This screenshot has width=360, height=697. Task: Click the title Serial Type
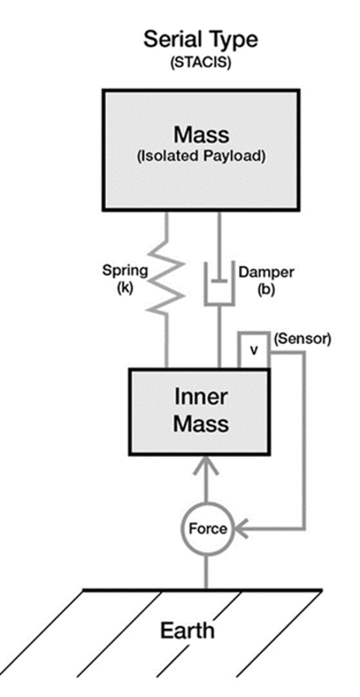tap(201, 40)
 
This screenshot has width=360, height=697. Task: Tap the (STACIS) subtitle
tap(201, 63)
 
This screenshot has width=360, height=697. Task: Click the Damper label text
tap(265, 272)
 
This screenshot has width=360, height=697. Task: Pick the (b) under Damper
tap(265, 289)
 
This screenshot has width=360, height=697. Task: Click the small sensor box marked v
tap(253, 350)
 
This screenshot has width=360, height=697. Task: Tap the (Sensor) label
tap(302, 340)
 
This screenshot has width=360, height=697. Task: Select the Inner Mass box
tap(199, 412)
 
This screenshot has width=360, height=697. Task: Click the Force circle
tap(207, 529)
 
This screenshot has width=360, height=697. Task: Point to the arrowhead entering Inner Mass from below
tap(207, 466)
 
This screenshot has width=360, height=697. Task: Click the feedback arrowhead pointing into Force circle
tap(244, 529)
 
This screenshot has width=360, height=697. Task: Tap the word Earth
tap(187, 630)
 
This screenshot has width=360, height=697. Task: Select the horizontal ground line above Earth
tap(202, 590)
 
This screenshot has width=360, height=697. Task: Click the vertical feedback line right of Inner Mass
tap(305, 440)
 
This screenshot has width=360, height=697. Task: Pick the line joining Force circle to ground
tap(207, 572)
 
